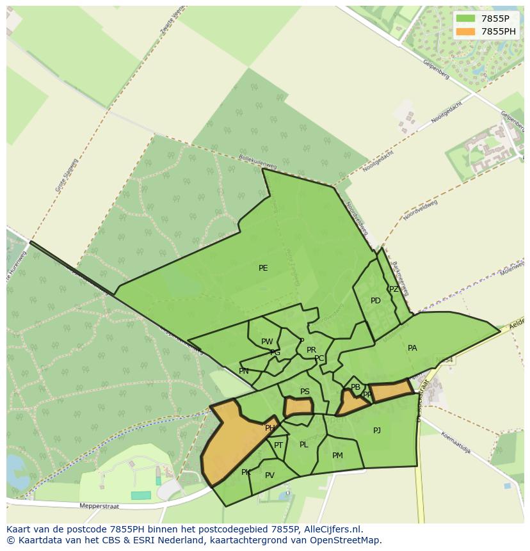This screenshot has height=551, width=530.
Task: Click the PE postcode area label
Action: tap(263, 268)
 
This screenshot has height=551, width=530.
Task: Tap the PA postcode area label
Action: tap(412, 348)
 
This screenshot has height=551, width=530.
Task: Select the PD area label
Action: tap(376, 301)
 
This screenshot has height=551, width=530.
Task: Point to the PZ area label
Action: tap(394, 289)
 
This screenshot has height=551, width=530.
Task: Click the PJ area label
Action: tap(377, 431)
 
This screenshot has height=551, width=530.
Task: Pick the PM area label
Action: tap(337, 456)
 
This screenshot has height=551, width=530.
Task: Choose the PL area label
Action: tap(303, 445)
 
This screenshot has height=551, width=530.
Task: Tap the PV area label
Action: tap(269, 475)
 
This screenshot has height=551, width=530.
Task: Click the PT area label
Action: tap(278, 445)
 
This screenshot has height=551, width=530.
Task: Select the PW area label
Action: tap(267, 342)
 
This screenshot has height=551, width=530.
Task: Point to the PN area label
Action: tap(244, 371)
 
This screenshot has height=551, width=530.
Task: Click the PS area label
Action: tap(305, 392)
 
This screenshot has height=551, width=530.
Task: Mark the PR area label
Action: tap(311, 350)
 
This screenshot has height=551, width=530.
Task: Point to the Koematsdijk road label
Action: tap(455, 443)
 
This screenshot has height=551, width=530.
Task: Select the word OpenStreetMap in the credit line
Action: tap(347, 540)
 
